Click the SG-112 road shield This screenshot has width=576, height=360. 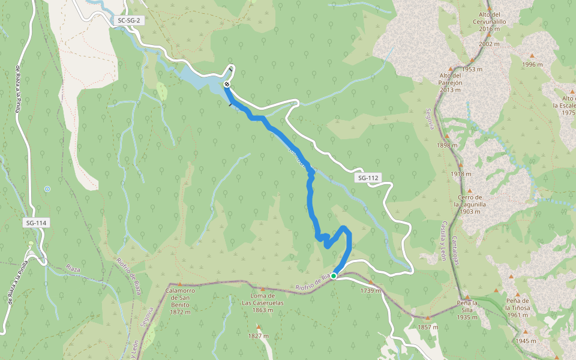368,178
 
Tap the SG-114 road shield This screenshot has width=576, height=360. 36,223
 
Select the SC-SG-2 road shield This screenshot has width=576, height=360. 129,20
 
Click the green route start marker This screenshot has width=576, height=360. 334,276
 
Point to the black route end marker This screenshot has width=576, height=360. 227,85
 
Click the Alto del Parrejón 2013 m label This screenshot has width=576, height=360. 450,83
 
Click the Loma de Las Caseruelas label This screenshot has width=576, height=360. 263,302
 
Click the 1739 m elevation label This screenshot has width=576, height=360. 370,290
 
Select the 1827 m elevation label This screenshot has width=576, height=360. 259,336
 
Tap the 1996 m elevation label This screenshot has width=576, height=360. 532,64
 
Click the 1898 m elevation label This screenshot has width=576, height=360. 448,145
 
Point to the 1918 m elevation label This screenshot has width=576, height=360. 461,174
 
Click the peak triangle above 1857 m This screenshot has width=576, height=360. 428,319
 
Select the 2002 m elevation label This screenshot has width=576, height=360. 489,44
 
